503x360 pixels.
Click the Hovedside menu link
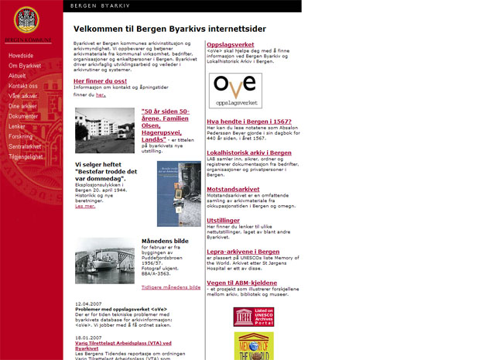(x=21, y=56)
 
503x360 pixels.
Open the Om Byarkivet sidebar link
(x=25, y=66)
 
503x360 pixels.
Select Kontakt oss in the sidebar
(x=22, y=86)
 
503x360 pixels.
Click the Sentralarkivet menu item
(x=25, y=146)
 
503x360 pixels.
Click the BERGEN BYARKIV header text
(x=100, y=5)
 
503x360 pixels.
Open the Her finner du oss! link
(x=101, y=81)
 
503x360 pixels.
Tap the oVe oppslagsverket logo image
(x=235, y=91)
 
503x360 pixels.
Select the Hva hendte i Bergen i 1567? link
(x=249, y=122)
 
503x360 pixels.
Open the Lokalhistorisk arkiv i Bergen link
(x=249, y=153)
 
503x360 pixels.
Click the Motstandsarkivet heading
(x=233, y=188)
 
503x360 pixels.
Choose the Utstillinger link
(x=224, y=220)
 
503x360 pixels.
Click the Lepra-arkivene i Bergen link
(x=243, y=252)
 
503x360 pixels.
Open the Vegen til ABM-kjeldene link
(x=241, y=283)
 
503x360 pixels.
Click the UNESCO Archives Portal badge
(x=253, y=317)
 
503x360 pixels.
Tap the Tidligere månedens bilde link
(x=171, y=287)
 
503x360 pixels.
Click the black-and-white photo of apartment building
(x=104, y=130)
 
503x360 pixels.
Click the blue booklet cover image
(x=179, y=194)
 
